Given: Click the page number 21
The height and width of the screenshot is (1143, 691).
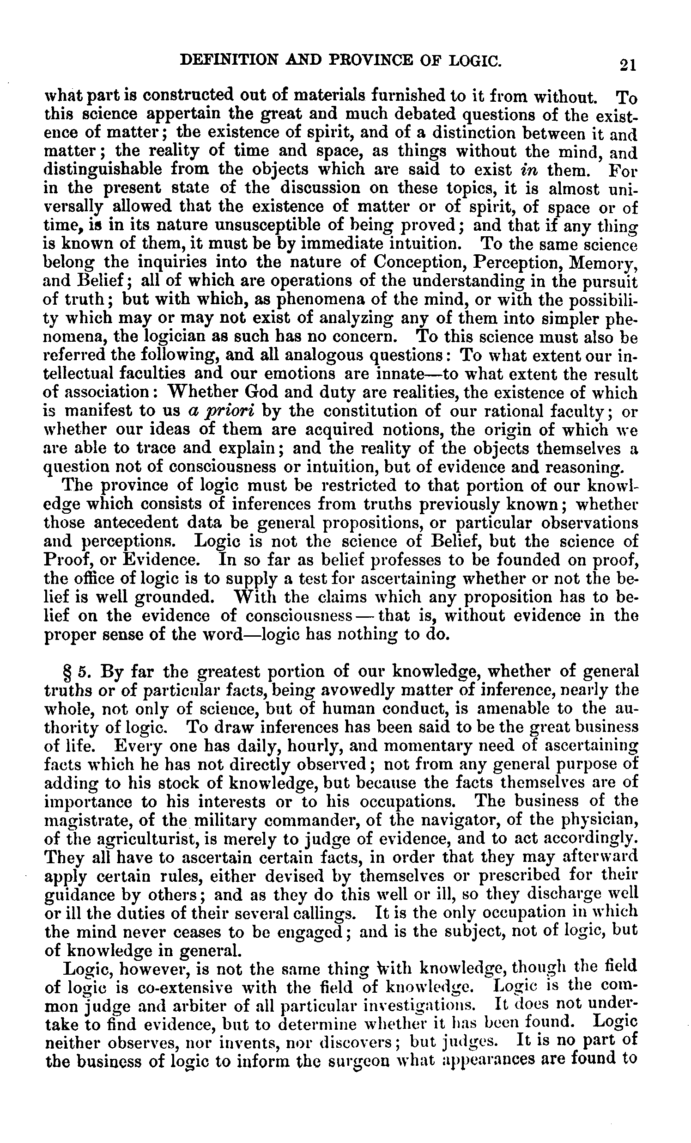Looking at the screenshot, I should coord(627,64).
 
